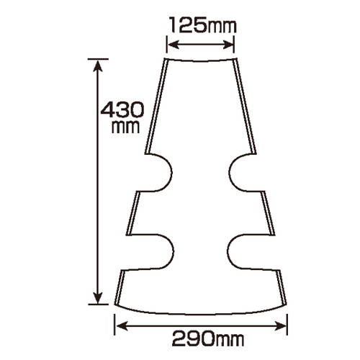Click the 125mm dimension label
(x=203, y=24)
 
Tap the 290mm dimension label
(x=208, y=338)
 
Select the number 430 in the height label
(x=122, y=109)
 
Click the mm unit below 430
(x=125, y=127)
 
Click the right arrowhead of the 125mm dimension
(x=228, y=45)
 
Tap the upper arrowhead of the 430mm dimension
(x=98, y=66)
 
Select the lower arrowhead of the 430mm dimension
(x=98, y=298)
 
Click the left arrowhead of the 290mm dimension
(x=122, y=326)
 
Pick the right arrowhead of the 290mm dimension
(x=281, y=326)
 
